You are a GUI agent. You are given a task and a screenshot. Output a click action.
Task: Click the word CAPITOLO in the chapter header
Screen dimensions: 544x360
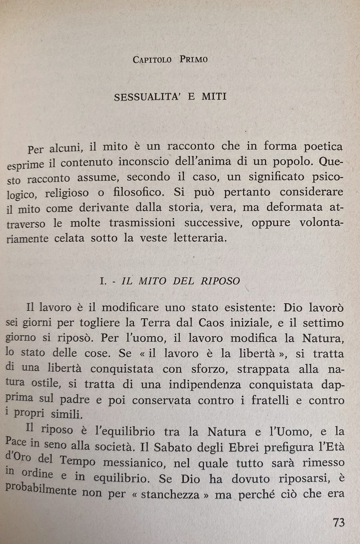coord(152,59)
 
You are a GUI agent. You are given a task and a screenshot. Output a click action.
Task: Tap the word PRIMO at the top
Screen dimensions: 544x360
coord(194,59)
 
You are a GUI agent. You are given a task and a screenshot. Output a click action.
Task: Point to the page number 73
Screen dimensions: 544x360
coord(339,522)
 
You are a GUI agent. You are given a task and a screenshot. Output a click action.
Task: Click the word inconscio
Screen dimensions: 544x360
coord(163,163)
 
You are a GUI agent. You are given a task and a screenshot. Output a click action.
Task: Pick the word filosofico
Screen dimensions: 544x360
coord(138,191)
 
